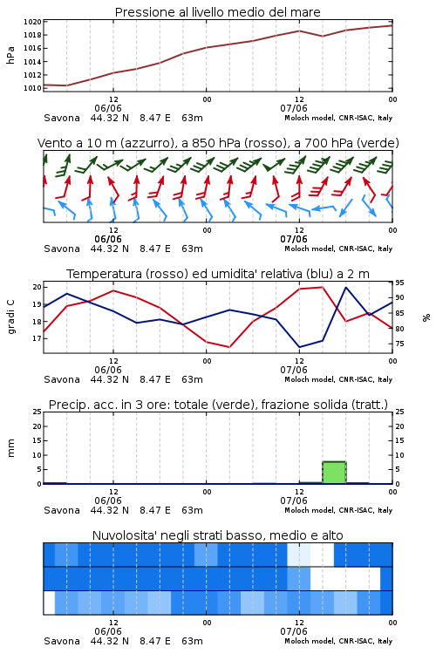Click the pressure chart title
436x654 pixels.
217,12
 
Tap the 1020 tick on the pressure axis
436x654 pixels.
32,22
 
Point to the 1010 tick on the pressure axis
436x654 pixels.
32,88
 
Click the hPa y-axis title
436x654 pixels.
10,55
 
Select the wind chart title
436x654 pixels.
218,143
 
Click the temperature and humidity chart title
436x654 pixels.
218,274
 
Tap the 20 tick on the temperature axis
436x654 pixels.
37,287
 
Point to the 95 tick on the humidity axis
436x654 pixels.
399,283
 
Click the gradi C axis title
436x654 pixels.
10,317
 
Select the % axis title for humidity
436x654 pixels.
426,317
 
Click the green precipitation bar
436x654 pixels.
334,473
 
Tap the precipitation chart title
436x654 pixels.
218,405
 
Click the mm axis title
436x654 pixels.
10,448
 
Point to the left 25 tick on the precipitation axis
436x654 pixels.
37,412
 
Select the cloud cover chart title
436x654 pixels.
217,535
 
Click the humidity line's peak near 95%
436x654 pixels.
346,288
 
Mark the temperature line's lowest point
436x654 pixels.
229,347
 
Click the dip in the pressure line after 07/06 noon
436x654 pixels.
322,36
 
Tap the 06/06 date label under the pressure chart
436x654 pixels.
108,108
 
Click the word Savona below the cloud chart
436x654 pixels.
62,641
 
